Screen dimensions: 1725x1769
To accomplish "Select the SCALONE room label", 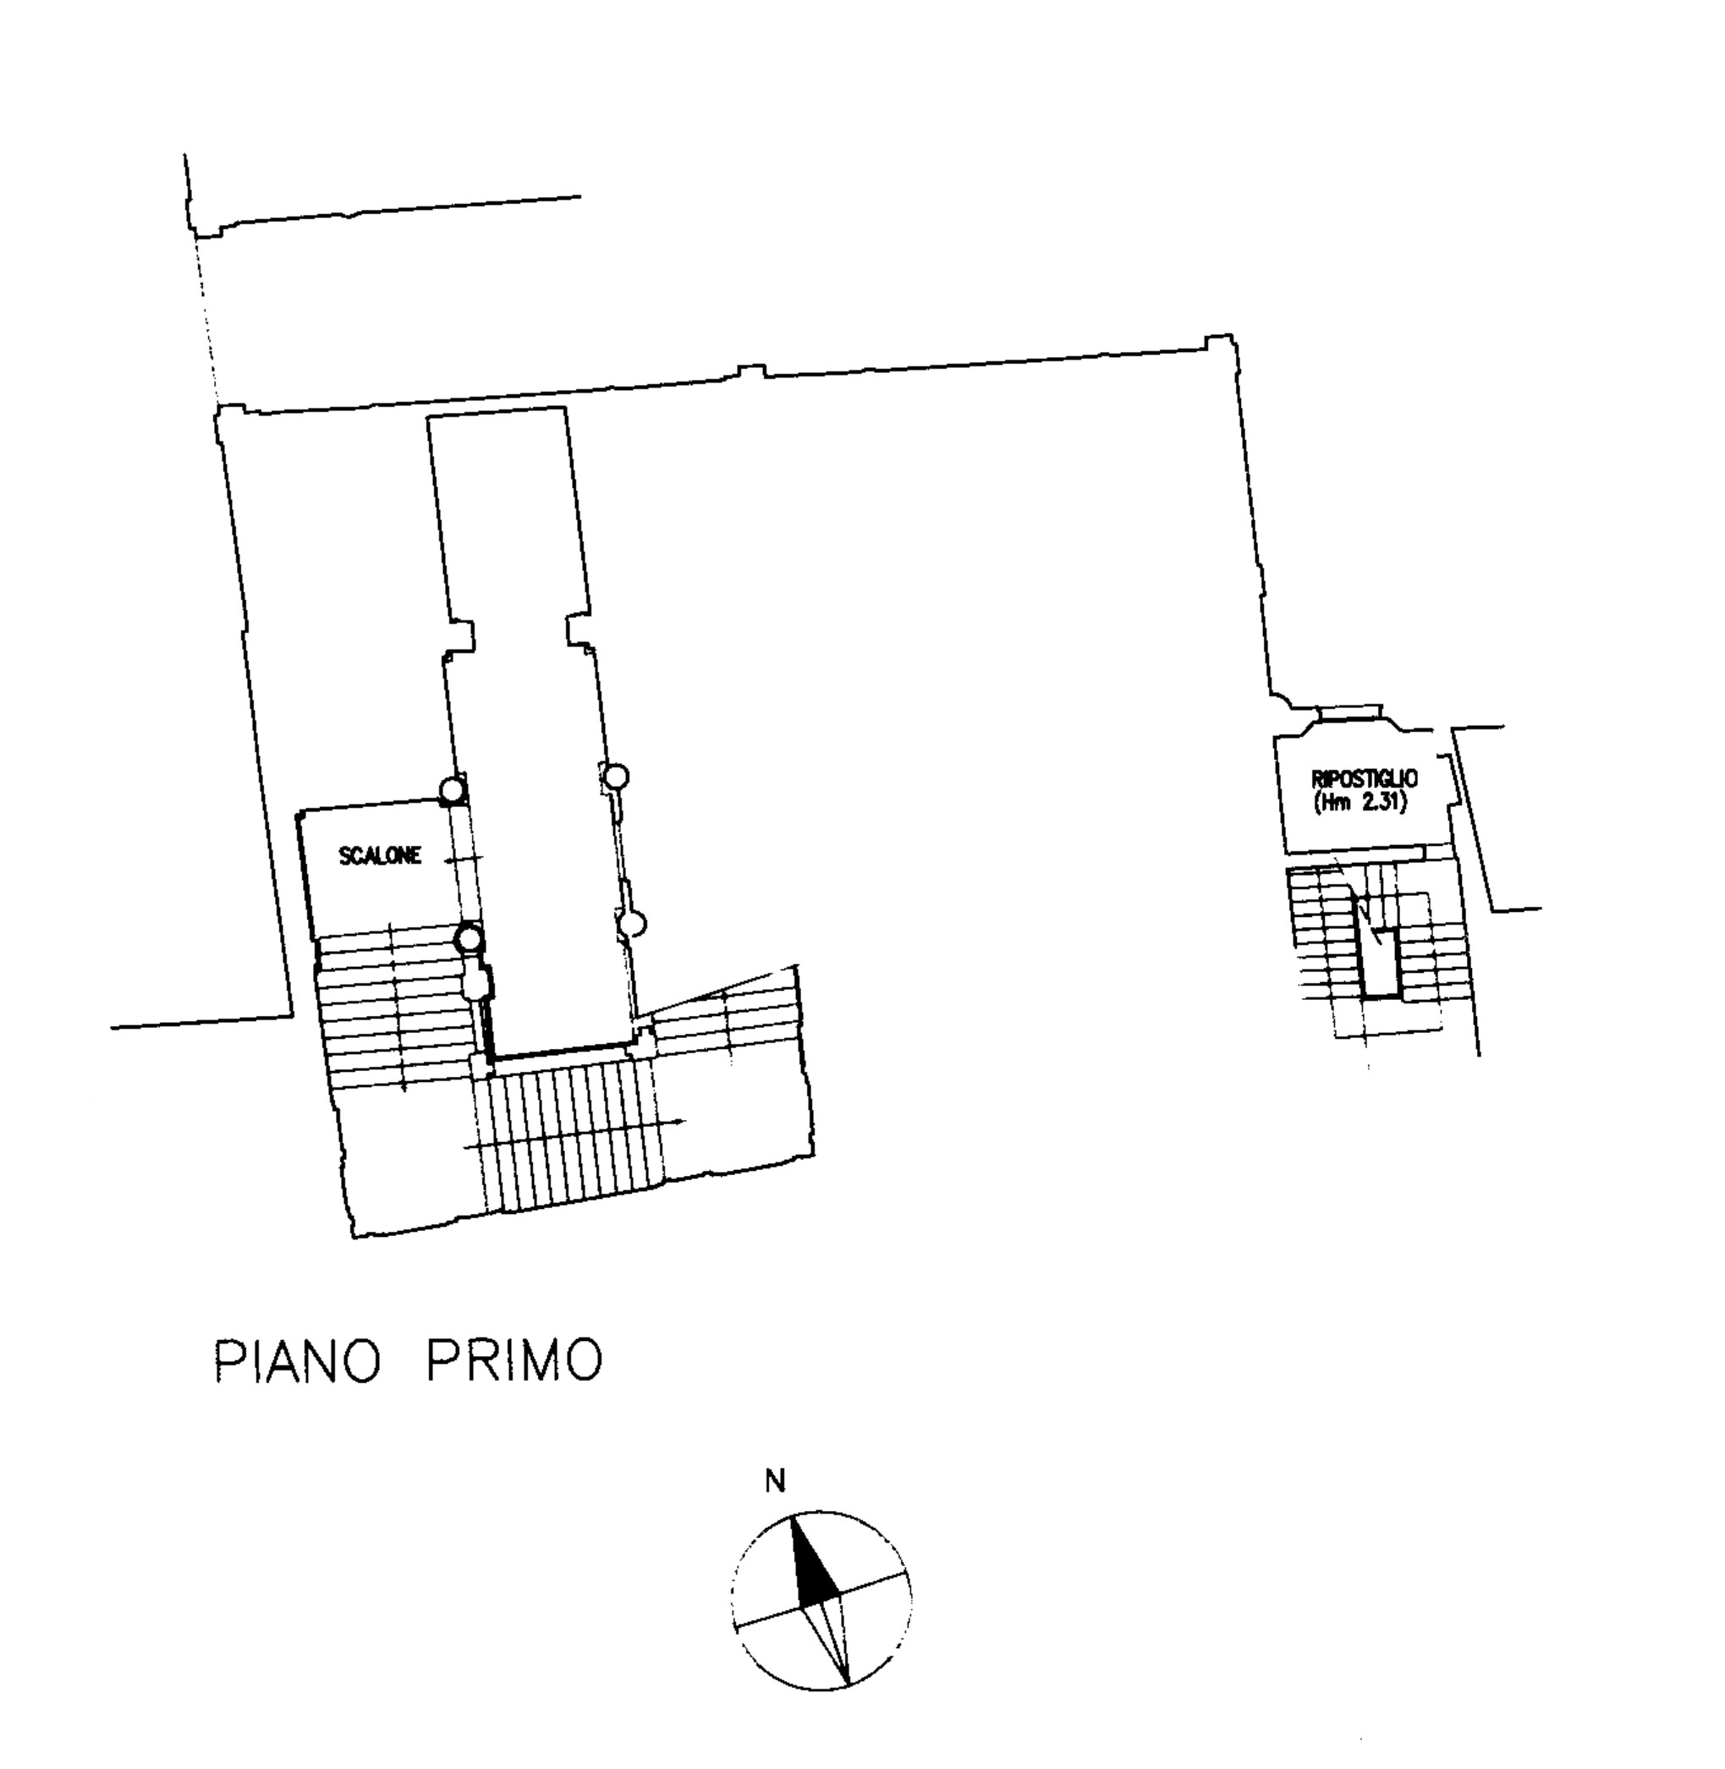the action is [x=381, y=856].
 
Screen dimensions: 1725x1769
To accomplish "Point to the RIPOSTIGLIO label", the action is [x=1365, y=778].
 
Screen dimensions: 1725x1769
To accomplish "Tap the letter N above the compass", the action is [x=776, y=1481].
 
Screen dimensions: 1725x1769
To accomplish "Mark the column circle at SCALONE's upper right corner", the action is [x=453, y=791].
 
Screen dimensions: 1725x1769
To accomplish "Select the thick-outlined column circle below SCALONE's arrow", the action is [x=470, y=938].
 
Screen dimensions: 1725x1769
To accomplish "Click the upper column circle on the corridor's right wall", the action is [x=616, y=775].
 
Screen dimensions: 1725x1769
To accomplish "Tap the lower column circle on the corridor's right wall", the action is [x=635, y=924].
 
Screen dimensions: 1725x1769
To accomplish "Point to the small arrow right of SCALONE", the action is [x=463, y=858].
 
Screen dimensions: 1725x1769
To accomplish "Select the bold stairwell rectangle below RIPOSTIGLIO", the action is [x=1378, y=948].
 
